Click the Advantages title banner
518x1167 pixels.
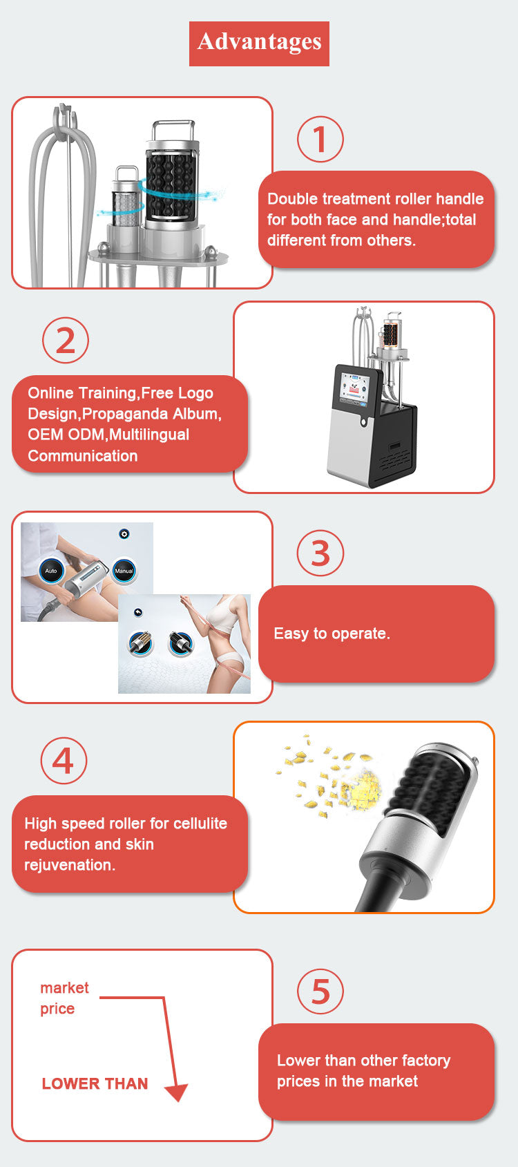259,43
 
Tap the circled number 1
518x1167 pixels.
320,140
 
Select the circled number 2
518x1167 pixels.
66,341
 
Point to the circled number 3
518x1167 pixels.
320,553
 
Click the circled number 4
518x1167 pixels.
64,761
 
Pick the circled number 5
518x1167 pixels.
320,991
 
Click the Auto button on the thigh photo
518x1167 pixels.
51,571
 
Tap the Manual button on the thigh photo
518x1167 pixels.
124,571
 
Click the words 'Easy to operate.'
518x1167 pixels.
332,634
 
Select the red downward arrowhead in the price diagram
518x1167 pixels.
177,1092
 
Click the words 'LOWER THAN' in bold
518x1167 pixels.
95,1083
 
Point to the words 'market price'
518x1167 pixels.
64,998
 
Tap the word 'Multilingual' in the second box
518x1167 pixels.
148,435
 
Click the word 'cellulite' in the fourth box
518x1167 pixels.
200,823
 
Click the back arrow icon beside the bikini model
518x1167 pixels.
137,612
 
